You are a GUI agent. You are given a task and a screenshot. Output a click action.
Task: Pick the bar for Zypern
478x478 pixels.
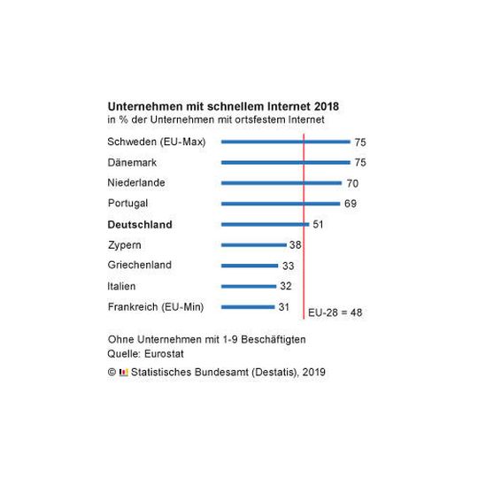click(253, 245)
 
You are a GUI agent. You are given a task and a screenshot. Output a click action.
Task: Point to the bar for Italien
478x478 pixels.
click(249, 286)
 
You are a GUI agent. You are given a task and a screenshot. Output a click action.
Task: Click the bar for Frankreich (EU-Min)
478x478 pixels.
click(248, 307)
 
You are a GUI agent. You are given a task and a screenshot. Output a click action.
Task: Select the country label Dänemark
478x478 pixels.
click(133, 162)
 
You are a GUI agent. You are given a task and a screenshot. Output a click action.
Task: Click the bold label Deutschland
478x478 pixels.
click(140, 225)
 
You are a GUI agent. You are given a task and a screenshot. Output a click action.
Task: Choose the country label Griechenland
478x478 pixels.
click(139, 265)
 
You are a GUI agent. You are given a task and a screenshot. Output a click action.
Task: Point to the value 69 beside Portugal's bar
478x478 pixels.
click(350, 204)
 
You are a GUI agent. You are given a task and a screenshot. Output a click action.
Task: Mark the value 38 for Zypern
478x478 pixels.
click(295, 245)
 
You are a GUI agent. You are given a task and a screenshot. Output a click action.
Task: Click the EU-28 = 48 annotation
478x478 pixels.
click(335, 312)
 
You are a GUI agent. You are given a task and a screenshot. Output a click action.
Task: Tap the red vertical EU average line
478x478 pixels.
click(304, 266)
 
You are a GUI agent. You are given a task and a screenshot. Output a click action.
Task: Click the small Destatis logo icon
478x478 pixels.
click(124, 373)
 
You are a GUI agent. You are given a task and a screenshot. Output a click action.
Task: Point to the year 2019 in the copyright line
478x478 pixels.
click(312, 373)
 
